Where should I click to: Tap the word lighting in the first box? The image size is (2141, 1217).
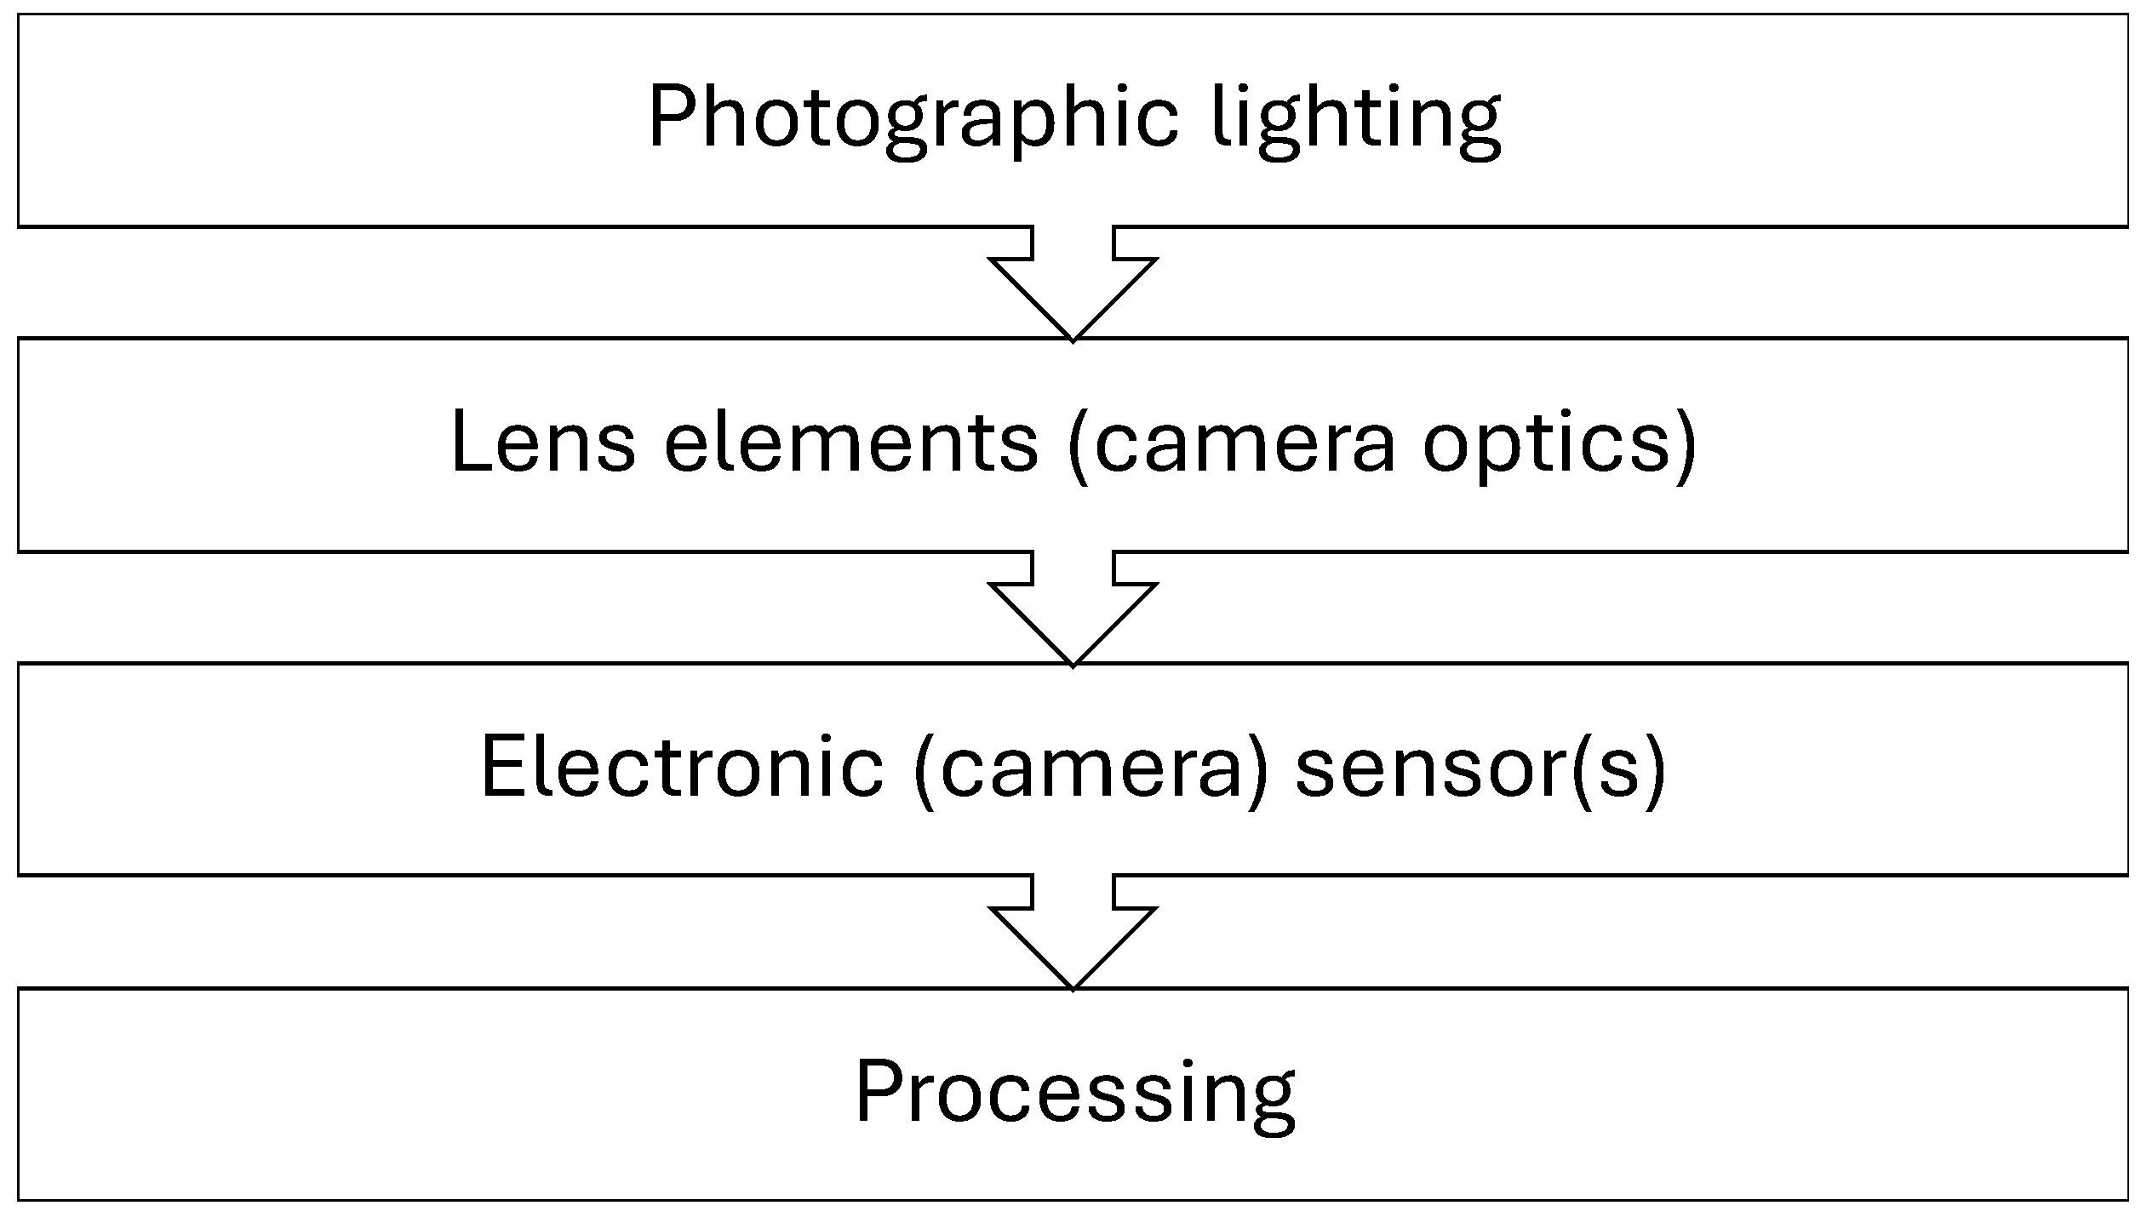(1357, 119)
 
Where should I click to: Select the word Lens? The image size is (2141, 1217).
(542, 443)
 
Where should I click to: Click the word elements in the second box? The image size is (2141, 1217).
(850, 443)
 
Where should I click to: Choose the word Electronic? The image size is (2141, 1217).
(682, 766)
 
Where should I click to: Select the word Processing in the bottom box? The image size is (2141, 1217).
(1074, 1093)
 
